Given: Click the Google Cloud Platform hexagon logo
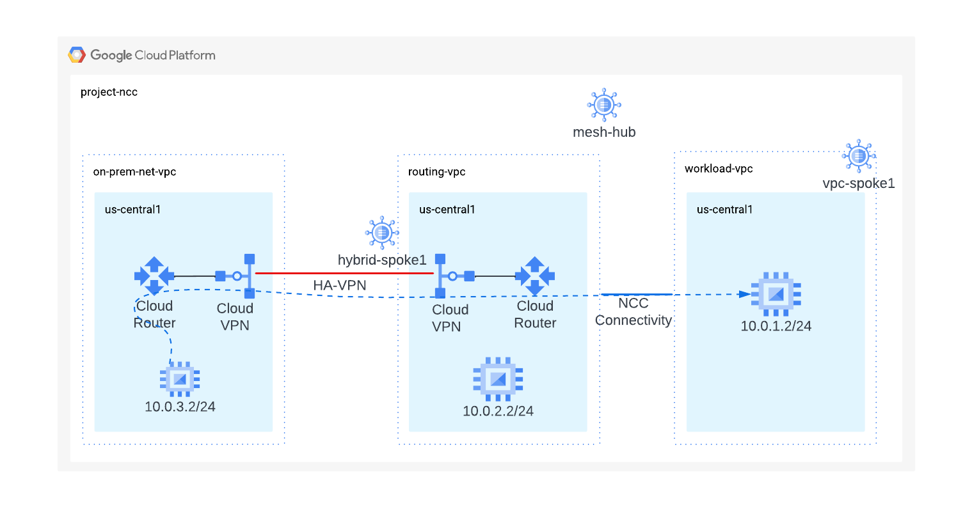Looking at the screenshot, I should [77, 55].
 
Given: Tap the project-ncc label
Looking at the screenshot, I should [109, 92].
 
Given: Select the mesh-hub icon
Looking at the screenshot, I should [604, 104].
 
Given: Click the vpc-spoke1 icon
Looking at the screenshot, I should [859, 156].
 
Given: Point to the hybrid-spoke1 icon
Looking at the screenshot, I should [382, 232].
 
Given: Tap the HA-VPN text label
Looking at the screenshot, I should [340, 285].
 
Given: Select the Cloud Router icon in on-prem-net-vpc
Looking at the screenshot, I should [154, 276].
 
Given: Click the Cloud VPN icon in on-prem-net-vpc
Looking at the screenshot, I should [237, 276].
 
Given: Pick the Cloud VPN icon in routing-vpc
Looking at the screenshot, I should [454, 276].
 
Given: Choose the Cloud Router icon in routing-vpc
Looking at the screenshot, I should [535, 276].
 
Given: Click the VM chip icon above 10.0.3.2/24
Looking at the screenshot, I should [180, 379].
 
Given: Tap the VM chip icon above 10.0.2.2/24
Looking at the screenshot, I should [498, 379].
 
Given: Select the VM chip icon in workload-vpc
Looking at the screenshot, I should [776, 294].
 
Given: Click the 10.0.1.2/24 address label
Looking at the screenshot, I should [776, 326].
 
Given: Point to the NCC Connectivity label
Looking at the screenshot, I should [633, 312].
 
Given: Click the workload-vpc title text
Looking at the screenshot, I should [719, 169].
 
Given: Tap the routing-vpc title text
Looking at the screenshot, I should [436, 172].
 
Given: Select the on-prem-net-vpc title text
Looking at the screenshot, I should [134, 172].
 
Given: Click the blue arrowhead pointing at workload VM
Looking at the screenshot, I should [744, 294].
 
